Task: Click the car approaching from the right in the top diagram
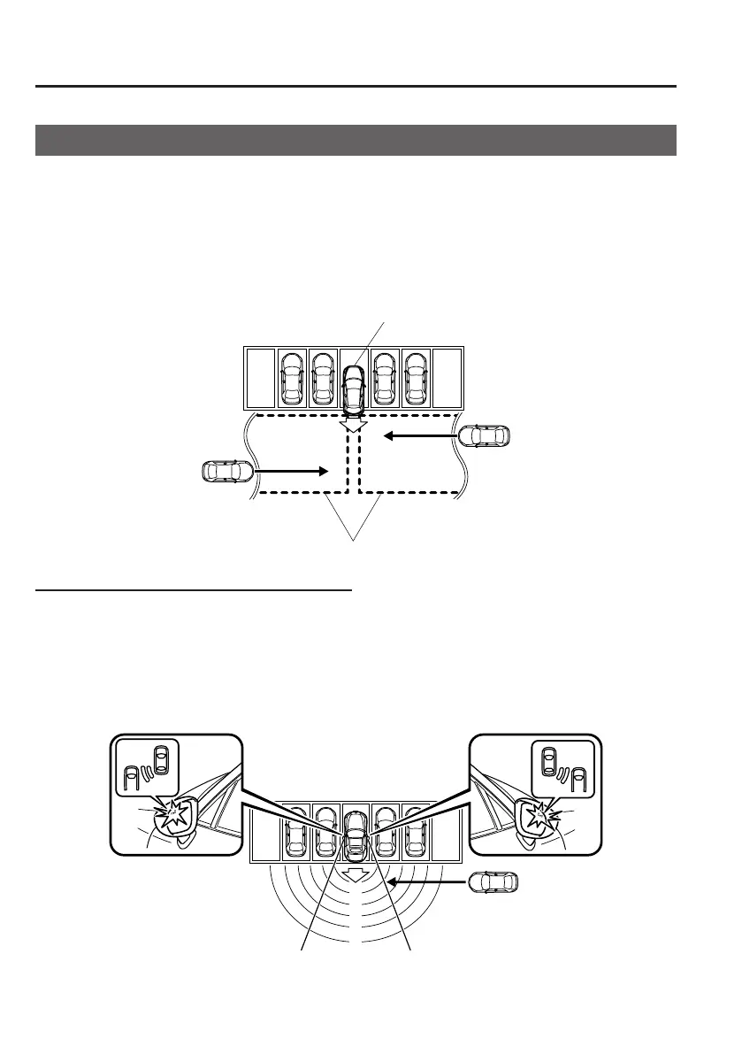(x=485, y=435)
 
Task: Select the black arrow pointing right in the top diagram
(x=292, y=472)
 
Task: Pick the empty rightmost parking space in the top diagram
(x=447, y=378)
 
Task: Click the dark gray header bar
(x=356, y=140)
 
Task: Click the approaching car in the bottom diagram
(x=493, y=882)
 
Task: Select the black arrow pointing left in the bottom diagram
(x=426, y=882)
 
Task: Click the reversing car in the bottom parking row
(x=355, y=835)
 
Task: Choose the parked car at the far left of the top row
(x=291, y=378)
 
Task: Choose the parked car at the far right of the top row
(x=416, y=378)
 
